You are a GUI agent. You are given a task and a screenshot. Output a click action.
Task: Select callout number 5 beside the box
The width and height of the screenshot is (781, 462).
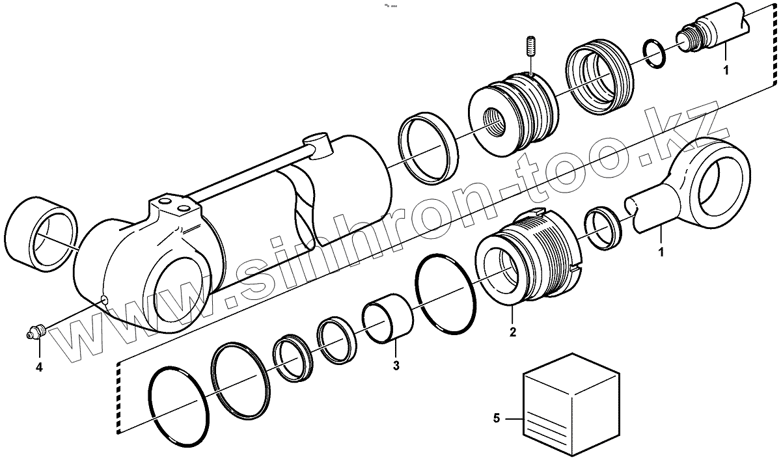pos(497,419)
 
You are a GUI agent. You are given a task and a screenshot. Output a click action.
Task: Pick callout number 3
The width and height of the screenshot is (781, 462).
pos(396,365)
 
